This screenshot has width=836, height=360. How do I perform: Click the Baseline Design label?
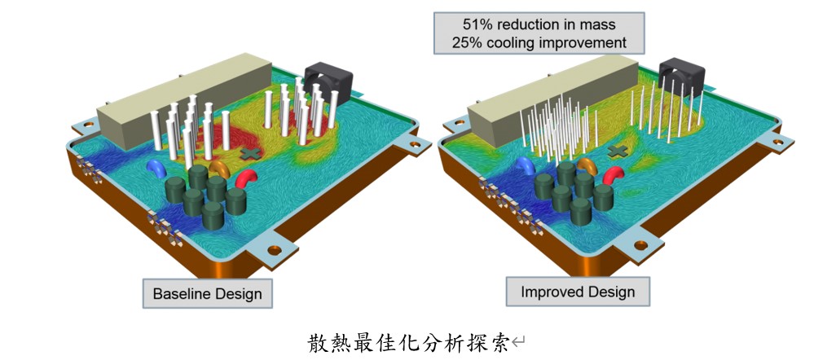click(x=207, y=293)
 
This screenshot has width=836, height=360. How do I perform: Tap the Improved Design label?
click(x=577, y=291)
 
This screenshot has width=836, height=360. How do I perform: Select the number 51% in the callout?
click(x=467, y=23)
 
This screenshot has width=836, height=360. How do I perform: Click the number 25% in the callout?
click(x=469, y=42)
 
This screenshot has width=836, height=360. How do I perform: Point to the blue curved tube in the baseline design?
click(x=154, y=167)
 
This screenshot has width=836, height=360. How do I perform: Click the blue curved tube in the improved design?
click(x=526, y=166)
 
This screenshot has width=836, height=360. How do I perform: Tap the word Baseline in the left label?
click(x=181, y=293)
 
